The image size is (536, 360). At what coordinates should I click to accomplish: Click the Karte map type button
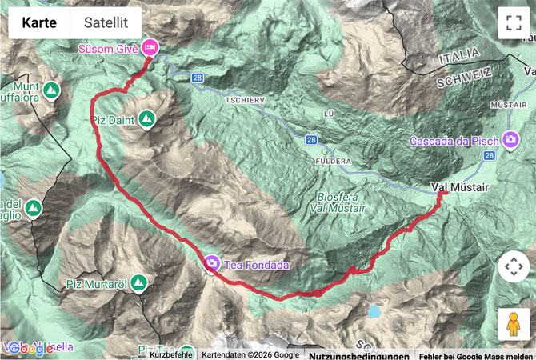point(39,22)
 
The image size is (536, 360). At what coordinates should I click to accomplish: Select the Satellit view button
point(106,22)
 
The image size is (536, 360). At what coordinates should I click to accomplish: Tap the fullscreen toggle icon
point(513,22)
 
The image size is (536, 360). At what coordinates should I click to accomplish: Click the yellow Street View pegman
point(513,324)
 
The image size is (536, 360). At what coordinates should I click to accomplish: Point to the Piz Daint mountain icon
point(146,120)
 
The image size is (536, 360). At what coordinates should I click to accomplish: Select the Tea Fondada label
point(256,264)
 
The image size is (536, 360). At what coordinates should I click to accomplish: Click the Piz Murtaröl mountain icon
point(139,283)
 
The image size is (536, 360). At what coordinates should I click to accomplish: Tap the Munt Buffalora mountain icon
point(51,89)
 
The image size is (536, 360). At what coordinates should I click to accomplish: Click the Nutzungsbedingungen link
point(349,354)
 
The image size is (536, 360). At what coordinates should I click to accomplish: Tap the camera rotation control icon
point(513,266)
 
